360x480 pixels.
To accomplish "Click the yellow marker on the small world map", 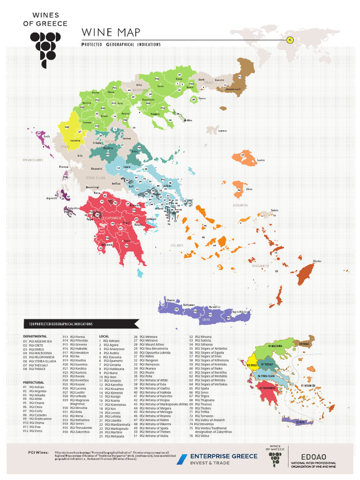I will (289, 40).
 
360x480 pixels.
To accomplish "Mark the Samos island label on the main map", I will (275, 210).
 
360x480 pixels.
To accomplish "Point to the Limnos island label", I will (222, 131).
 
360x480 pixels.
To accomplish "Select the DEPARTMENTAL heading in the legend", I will (35, 337).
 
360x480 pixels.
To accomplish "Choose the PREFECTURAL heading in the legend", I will (33, 382).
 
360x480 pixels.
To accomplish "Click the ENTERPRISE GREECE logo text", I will (223, 456).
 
